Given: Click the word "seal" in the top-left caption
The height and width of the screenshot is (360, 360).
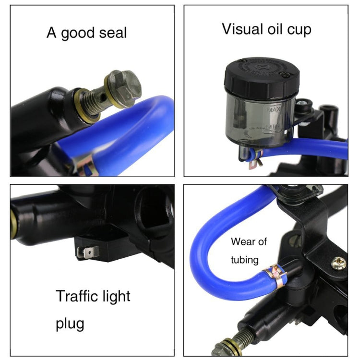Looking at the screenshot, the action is coord(113,33).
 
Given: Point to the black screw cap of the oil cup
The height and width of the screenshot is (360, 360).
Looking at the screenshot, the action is coord(262,75).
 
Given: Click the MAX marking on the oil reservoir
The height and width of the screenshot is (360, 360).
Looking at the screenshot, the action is coord(274,109).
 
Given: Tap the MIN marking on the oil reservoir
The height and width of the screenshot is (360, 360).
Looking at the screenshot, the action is coord(273,127).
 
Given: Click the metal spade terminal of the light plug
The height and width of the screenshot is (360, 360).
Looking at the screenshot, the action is coord(88,252).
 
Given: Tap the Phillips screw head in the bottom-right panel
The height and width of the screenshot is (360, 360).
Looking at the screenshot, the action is coord(338,264).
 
